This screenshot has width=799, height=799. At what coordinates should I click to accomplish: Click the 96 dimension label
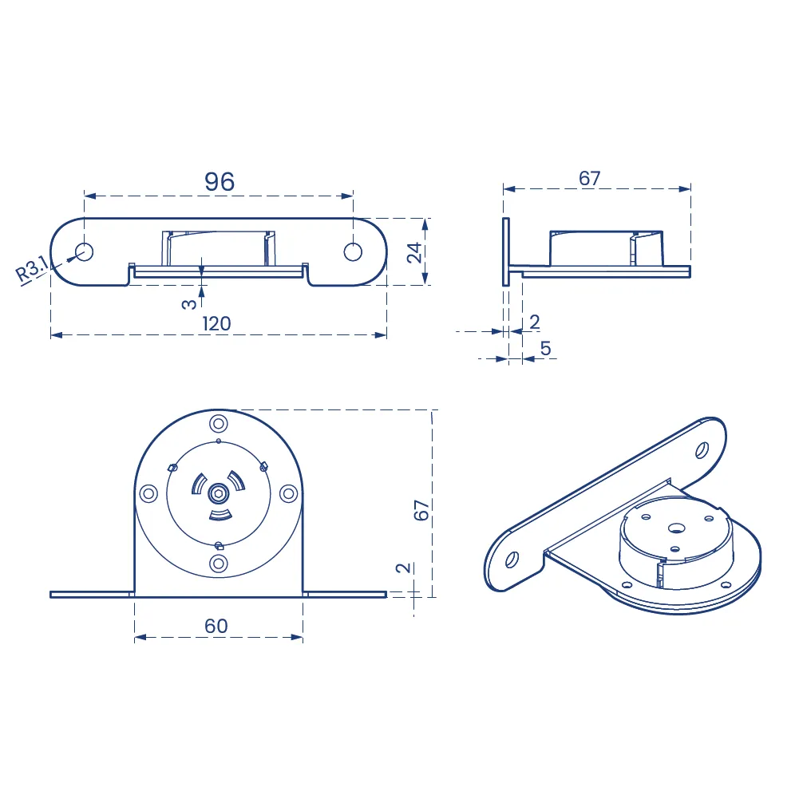tap(220, 181)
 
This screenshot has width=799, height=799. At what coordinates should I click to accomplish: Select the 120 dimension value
tap(216, 323)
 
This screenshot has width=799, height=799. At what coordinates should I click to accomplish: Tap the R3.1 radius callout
tap(32, 269)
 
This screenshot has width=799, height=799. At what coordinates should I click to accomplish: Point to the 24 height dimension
tap(414, 252)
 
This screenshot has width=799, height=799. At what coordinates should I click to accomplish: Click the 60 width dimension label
tap(216, 626)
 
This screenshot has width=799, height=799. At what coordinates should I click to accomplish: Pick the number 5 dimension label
tap(546, 349)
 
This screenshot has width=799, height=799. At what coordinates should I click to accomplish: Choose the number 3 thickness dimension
tap(188, 304)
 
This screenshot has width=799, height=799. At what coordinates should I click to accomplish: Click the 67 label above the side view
tap(590, 178)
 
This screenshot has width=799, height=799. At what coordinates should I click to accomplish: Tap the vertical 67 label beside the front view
tap(421, 509)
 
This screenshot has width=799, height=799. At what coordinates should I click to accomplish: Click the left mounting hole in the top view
tap(84, 251)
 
